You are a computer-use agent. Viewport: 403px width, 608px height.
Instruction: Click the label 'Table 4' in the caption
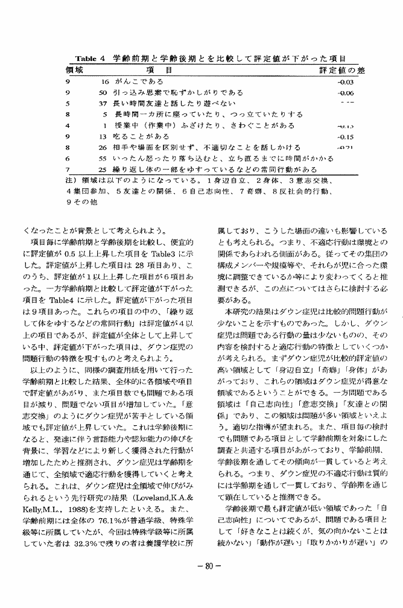point(90,59)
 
